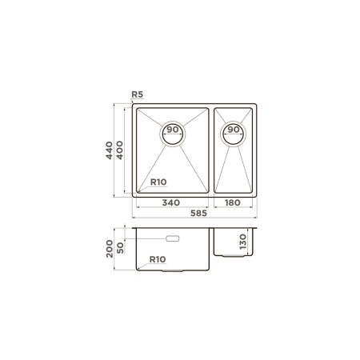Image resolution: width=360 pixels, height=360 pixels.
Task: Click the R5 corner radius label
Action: point(138,94)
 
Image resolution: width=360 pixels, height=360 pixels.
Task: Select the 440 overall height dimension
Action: point(109,150)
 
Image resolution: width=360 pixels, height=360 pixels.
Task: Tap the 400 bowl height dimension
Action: point(120,150)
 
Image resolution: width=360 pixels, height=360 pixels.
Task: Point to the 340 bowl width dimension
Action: point(171,202)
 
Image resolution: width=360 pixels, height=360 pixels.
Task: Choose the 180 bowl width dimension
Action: point(233,202)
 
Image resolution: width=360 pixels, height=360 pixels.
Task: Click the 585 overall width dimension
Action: point(198,213)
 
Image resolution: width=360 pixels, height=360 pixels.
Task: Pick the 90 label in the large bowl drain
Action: point(173,130)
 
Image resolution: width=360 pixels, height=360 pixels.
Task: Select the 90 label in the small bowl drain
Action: point(234,130)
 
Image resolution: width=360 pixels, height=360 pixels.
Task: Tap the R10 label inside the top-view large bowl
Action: point(158,182)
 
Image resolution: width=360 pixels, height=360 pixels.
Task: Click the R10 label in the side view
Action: point(158,259)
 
